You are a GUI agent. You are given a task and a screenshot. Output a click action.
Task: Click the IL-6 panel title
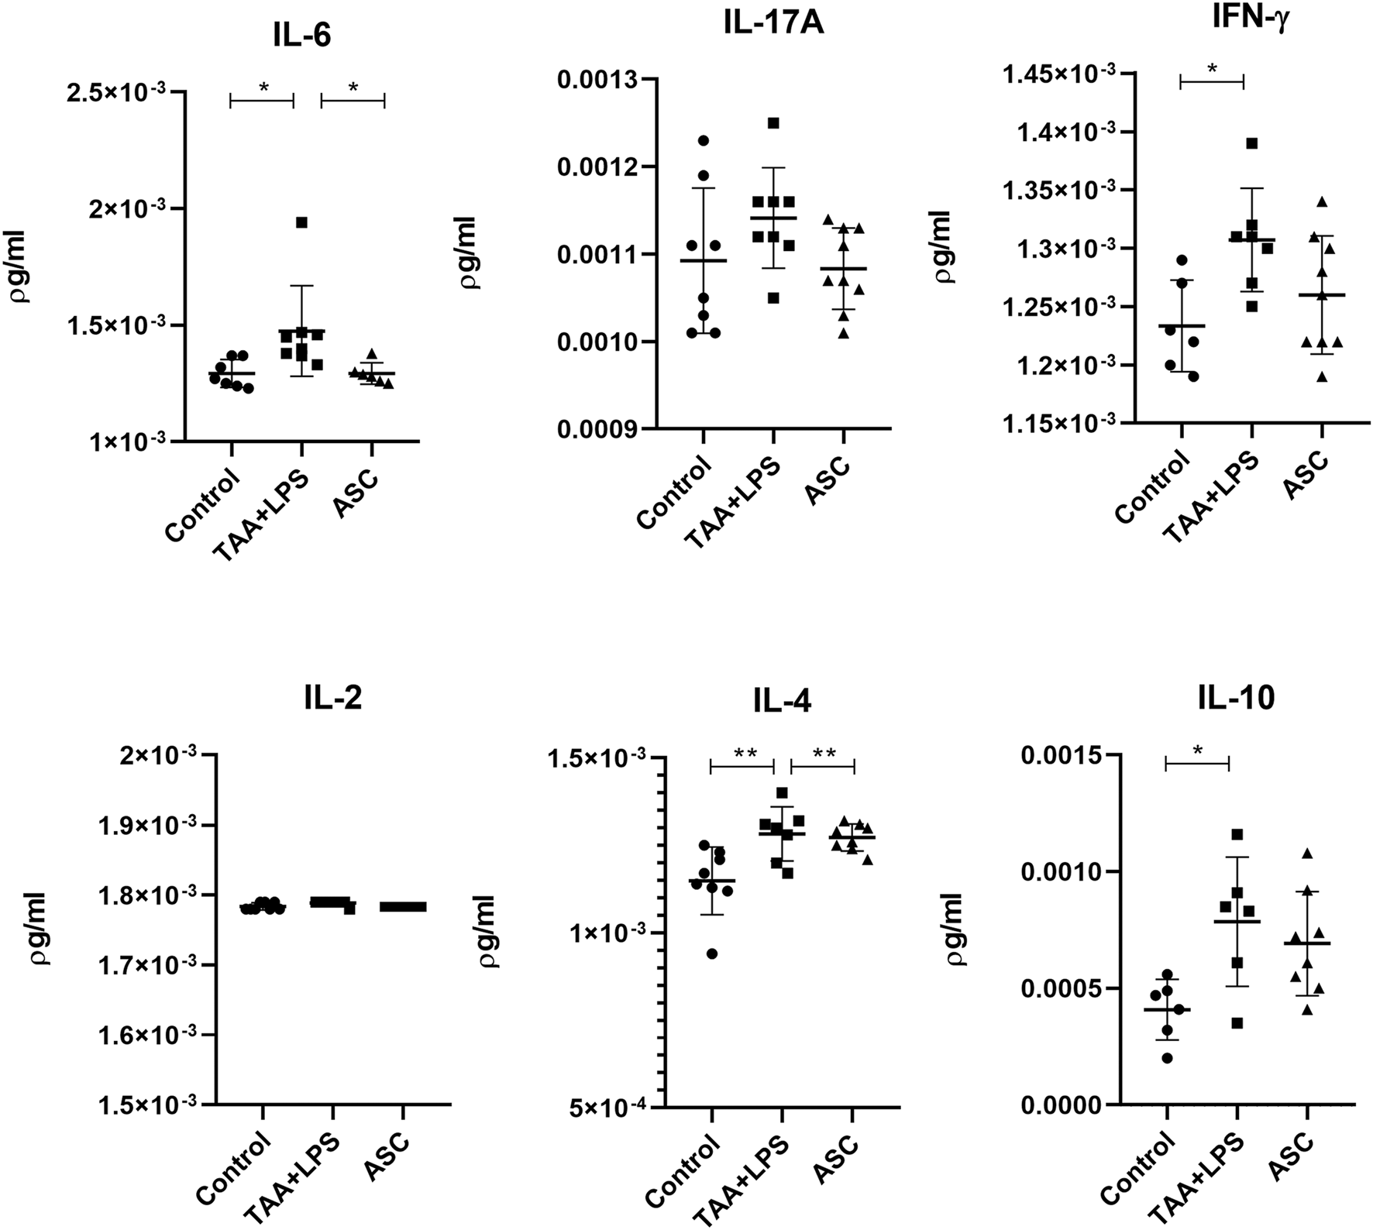pyautogui.click(x=301, y=35)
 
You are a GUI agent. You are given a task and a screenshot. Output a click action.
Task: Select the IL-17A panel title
pyautogui.click(x=773, y=23)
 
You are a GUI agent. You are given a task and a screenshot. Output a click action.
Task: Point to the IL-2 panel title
pyautogui.click(x=332, y=698)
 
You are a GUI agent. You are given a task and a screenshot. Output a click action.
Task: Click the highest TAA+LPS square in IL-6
pyautogui.click(x=301, y=222)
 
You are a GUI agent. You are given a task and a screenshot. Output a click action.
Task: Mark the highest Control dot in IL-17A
pyautogui.click(x=703, y=140)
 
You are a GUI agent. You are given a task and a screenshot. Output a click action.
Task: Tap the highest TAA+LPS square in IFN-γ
pyautogui.click(x=1251, y=143)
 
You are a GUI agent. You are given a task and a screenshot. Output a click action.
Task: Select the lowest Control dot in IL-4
pyautogui.click(x=711, y=953)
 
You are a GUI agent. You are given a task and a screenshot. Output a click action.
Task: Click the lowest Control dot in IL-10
pyautogui.click(x=1167, y=1058)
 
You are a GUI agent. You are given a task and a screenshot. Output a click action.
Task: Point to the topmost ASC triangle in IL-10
pyautogui.click(x=1307, y=854)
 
